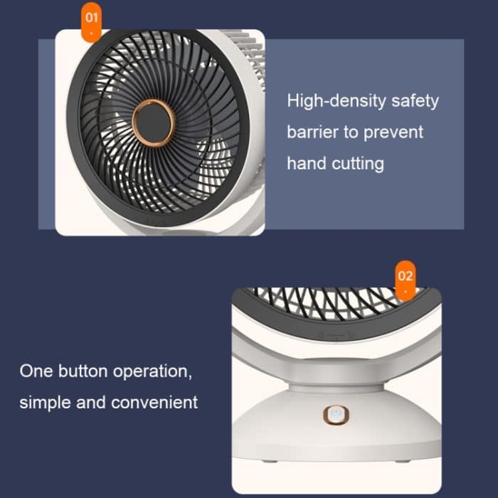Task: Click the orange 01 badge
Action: click(x=92, y=21)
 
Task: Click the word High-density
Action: click(x=337, y=100)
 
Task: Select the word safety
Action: click(x=415, y=100)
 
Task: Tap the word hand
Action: click(x=307, y=163)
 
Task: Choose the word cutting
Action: click(x=358, y=164)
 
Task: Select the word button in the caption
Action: click(x=81, y=371)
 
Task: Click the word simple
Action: click(x=43, y=402)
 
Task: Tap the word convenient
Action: click(x=154, y=402)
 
